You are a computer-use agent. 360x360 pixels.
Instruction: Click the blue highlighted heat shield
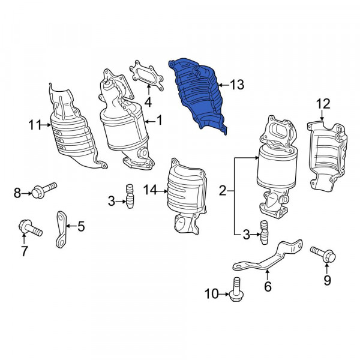point(198,93)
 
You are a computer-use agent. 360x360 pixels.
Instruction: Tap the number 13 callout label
point(236,85)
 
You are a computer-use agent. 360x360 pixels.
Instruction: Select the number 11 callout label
point(33,125)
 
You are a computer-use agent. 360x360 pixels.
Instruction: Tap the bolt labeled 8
point(43,191)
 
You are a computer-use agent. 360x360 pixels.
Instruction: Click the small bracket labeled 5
point(61,230)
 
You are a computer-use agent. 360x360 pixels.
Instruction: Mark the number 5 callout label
point(81,227)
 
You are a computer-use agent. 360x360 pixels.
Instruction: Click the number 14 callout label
point(149,190)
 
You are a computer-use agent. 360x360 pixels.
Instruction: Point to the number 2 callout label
point(223,191)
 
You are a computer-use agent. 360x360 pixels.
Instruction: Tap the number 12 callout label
point(323,104)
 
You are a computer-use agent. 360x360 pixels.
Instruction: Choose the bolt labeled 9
point(322,254)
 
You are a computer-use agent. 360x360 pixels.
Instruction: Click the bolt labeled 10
point(236,290)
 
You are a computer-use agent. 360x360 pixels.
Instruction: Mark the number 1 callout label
point(160,121)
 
